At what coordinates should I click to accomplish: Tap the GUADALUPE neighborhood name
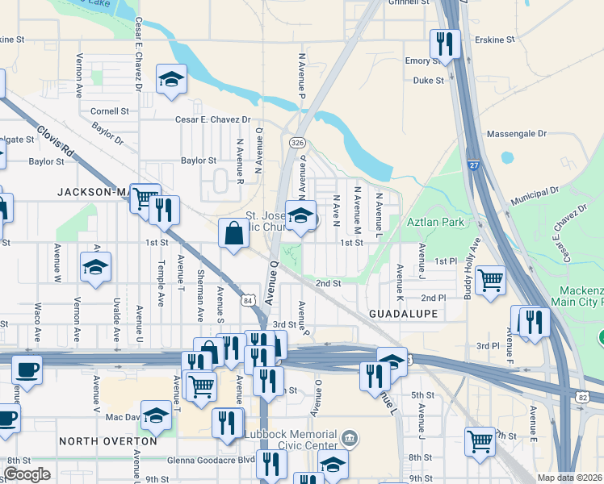[403, 313]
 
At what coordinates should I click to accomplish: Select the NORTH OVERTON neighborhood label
[107, 441]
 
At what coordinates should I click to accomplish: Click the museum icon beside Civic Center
[349, 440]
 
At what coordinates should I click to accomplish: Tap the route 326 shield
[298, 142]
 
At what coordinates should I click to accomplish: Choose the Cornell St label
[110, 111]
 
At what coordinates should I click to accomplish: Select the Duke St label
[428, 81]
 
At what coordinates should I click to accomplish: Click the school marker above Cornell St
[171, 78]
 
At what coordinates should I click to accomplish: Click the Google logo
[27, 474]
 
